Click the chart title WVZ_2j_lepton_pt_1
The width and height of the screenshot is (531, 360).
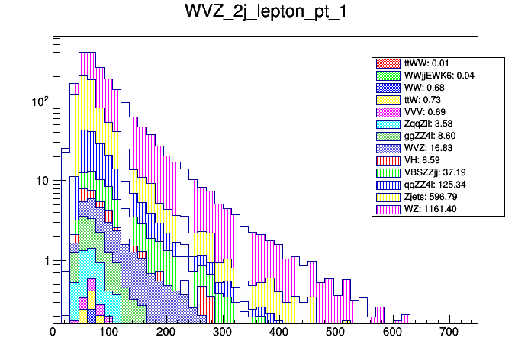pos(264,13)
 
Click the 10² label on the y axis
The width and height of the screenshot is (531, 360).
pos(37,101)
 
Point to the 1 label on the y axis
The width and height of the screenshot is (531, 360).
pos(44,261)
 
